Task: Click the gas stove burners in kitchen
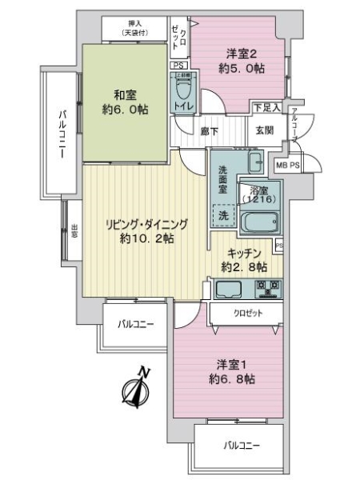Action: click(x=266, y=288)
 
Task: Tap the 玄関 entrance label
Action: click(x=264, y=128)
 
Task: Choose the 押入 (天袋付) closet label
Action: click(x=135, y=28)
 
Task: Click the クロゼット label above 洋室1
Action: click(x=246, y=314)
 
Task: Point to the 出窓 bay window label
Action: click(x=74, y=231)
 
